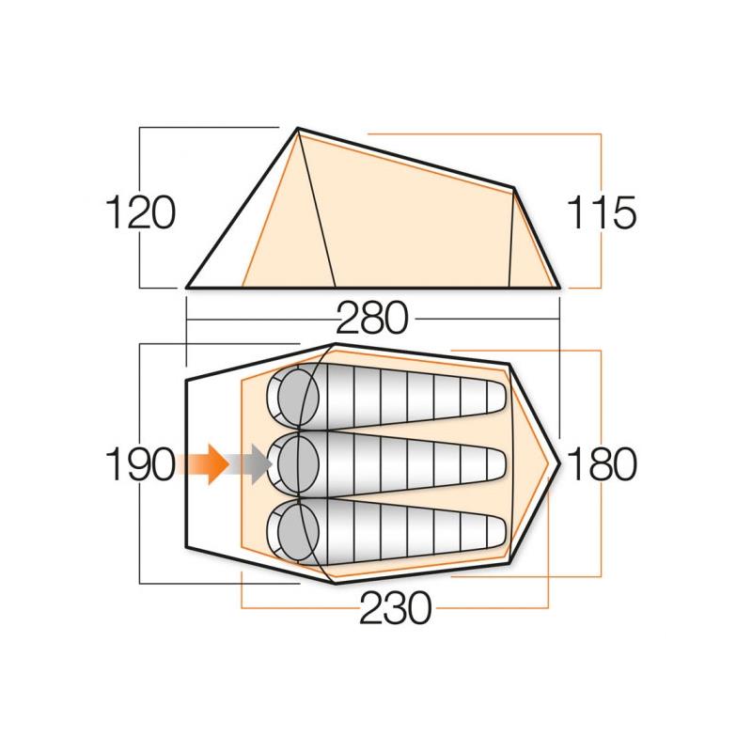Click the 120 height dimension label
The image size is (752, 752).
tap(139, 213)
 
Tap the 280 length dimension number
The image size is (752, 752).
tap(373, 320)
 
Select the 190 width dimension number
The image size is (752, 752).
tap(139, 464)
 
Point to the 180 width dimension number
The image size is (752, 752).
tap(602, 464)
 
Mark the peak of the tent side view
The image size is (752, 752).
tap(298, 129)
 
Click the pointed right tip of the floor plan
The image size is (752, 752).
tap(561, 462)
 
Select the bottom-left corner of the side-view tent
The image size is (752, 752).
tap(188, 286)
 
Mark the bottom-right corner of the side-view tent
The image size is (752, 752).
tap(560, 286)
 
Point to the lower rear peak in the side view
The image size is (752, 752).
tap(513, 188)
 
